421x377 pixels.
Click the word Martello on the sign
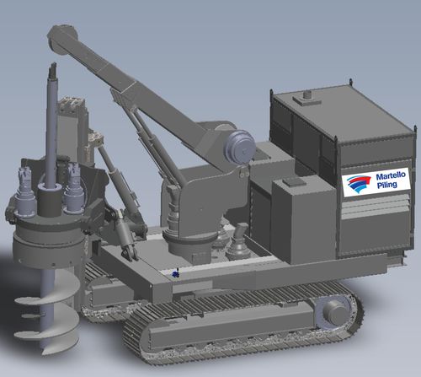(x=391, y=176)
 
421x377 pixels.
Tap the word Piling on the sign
(x=387, y=185)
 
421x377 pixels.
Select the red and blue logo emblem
(x=359, y=184)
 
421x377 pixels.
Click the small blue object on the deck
(x=176, y=274)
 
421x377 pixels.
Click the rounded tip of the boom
(x=59, y=36)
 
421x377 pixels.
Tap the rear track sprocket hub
(x=334, y=311)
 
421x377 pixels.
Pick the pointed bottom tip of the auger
(x=45, y=352)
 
